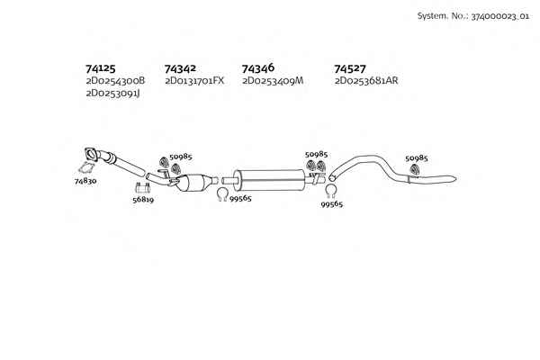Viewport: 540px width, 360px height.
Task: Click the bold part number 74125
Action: (101, 68)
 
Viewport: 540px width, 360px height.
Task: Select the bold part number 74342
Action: (180, 69)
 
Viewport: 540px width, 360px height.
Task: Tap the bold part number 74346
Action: (258, 68)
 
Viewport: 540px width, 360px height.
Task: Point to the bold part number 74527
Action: (350, 69)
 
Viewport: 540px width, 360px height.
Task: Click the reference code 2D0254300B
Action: (115, 81)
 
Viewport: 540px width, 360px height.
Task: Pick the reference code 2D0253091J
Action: (113, 94)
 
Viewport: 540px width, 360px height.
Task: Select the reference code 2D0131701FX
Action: (194, 81)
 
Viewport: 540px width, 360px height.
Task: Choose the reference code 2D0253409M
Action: (273, 81)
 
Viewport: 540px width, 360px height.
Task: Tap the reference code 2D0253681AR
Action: (366, 81)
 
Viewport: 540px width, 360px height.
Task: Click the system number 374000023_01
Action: (500, 16)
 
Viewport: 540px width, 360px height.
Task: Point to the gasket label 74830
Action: (85, 181)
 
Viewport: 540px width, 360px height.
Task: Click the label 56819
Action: (143, 200)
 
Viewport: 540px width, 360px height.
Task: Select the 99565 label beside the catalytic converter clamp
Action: (240, 198)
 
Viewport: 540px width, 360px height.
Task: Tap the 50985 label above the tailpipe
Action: (417, 158)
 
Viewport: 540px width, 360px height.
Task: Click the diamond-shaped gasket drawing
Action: (86, 169)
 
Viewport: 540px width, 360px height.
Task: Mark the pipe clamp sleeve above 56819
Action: (142, 188)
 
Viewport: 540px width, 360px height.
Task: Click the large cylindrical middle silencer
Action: (269, 180)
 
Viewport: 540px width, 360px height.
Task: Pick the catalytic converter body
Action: (195, 182)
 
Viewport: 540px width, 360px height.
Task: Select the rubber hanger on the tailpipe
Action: (415, 169)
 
